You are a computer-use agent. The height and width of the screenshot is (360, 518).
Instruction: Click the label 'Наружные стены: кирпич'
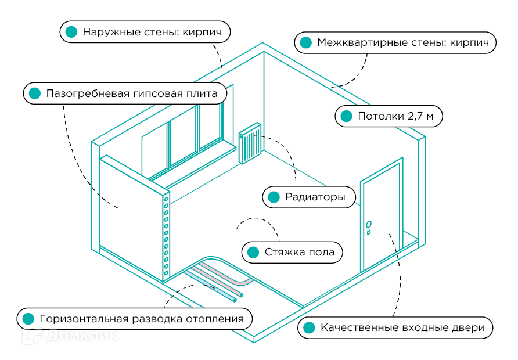tap(145, 32)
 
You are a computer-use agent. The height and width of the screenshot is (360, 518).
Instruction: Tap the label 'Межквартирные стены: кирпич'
tap(395, 42)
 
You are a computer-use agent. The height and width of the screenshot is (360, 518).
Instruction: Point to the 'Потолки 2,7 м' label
tap(389, 116)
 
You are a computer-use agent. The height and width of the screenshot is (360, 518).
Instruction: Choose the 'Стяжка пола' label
tap(292, 252)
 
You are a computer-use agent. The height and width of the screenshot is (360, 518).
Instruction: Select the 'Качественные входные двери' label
tap(395, 327)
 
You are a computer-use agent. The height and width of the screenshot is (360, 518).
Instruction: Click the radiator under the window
tap(250, 143)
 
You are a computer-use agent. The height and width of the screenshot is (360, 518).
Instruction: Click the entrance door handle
tap(369, 224)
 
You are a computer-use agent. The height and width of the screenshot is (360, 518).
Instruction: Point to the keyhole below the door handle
tap(369, 233)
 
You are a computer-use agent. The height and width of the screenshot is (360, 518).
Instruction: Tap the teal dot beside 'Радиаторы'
tap(273, 197)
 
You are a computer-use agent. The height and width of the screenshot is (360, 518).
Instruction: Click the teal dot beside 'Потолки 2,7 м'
tap(346, 116)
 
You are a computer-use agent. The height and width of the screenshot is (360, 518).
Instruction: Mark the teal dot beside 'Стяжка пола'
tap(253, 252)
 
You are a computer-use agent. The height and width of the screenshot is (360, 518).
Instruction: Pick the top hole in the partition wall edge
tap(166, 199)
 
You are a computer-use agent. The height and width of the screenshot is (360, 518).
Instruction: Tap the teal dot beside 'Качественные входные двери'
tap(309, 327)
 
